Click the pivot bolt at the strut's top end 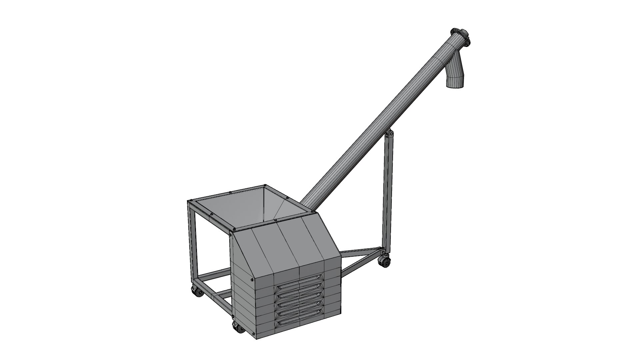pyautogui.click(x=389, y=135)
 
